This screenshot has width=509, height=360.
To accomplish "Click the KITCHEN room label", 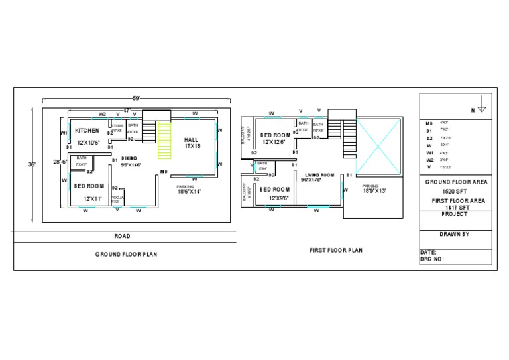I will tap(87, 131).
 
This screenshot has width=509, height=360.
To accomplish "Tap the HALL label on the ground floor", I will tap(192, 140).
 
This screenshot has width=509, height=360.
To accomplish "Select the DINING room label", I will tap(129, 158).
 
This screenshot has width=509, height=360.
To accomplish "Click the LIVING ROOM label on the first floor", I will tap(316, 174).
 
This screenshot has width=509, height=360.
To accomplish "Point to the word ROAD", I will tap(122, 236).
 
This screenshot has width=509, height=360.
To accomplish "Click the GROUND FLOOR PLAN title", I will tap(126, 254).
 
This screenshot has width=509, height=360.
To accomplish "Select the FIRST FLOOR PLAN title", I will tap(336, 251).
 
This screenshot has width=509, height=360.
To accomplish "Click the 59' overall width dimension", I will tap(136, 99).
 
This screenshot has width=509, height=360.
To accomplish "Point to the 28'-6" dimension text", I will tap(60, 161).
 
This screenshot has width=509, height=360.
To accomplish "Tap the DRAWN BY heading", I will tap(455, 234).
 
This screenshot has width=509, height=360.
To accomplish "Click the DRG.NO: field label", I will tap(432, 260).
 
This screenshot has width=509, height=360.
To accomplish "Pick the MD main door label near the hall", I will tap(163, 172).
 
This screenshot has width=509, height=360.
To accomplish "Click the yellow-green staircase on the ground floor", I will tap(164, 140).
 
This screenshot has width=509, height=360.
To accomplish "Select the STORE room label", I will tap(117, 125).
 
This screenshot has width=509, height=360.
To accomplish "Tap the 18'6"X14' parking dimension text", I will tap(188, 192).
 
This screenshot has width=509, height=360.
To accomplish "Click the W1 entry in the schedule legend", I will tap(429, 152).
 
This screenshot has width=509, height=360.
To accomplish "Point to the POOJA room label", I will tap(116, 198).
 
